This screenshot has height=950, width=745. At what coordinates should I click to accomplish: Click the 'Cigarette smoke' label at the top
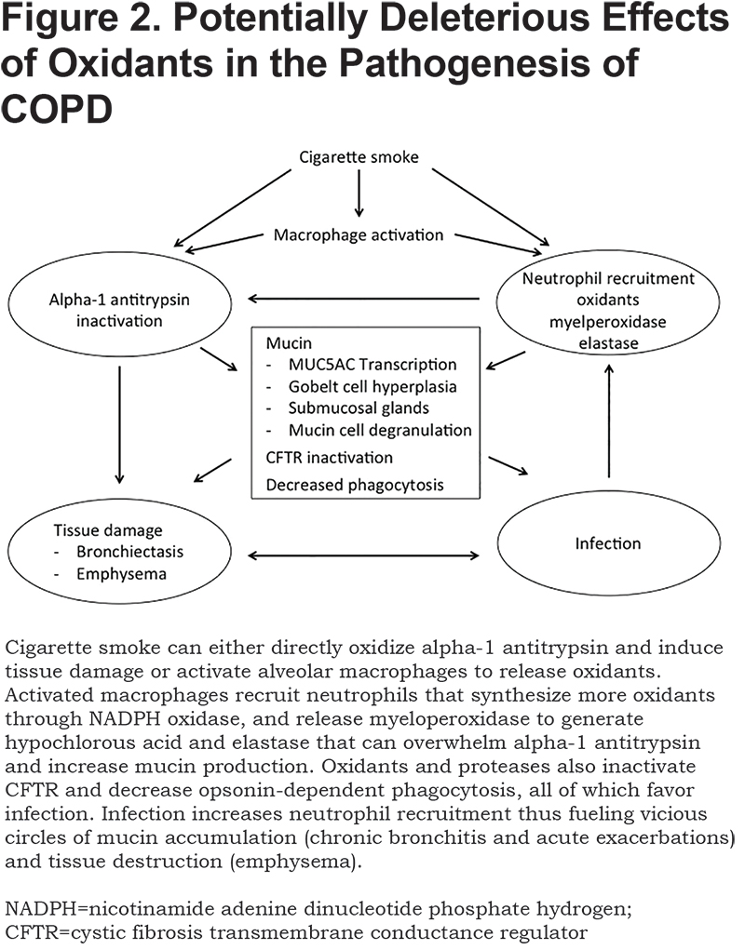[x=359, y=157]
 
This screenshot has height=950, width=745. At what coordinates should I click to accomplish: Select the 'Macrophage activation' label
[x=359, y=235]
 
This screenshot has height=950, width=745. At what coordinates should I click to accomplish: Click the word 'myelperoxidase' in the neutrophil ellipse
[x=607, y=322]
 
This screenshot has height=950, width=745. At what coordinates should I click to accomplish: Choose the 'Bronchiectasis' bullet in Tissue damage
[x=129, y=552]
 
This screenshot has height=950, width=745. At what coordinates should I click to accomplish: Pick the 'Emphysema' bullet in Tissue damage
[x=121, y=574]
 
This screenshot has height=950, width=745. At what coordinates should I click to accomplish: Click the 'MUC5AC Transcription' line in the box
[x=372, y=365]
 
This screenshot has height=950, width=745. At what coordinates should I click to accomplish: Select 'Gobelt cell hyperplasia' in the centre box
[x=372, y=386]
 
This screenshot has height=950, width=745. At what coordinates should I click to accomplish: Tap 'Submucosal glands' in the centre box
[x=359, y=408]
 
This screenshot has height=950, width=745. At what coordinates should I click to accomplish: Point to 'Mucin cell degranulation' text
[x=380, y=430]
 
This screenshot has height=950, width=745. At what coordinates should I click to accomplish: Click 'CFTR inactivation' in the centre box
[x=329, y=458]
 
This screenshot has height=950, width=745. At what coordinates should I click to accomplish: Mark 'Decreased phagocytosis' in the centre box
[x=355, y=485]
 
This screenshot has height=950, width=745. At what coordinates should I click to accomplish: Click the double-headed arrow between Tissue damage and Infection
[x=364, y=555]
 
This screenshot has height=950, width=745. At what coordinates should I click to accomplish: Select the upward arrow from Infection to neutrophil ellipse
[x=609, y=421]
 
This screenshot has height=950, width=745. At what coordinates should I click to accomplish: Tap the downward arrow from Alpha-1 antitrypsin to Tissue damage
[x=119, y=424]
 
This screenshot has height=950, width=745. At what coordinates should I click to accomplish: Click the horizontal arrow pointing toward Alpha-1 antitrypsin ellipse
[x=364, y=298]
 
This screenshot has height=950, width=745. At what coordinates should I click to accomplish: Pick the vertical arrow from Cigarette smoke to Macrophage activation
[x=359, y=193]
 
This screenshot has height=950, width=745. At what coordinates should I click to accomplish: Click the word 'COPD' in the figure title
[x=57, y=109]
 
